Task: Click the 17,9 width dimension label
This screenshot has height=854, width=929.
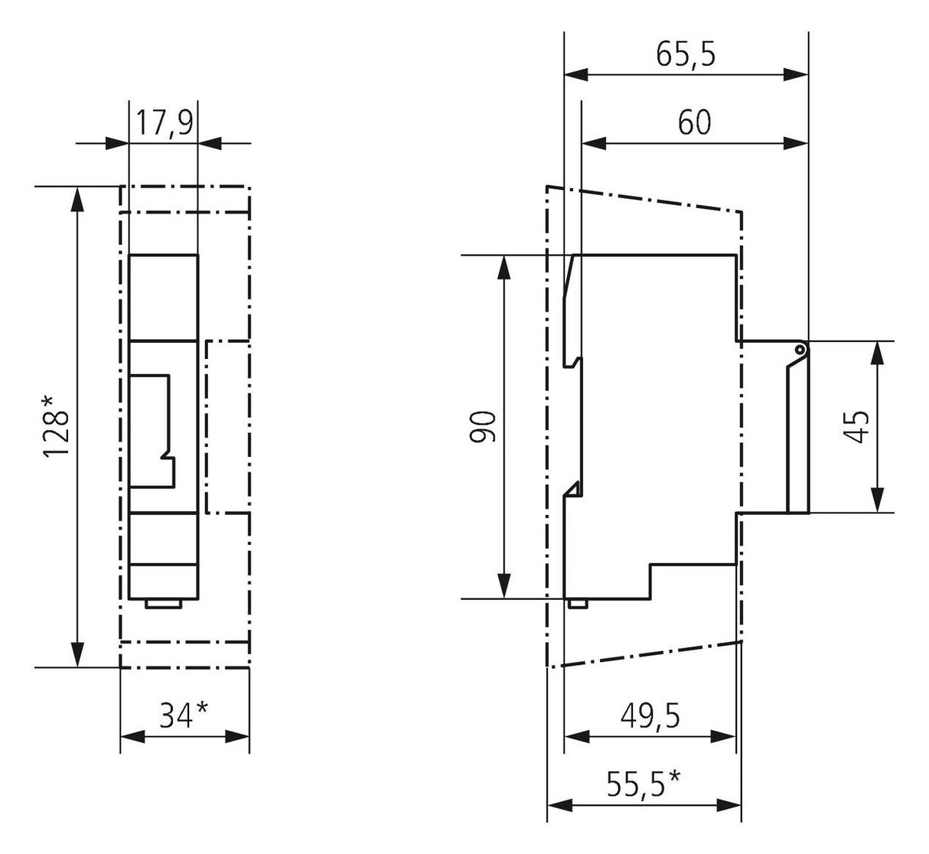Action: point(164,123)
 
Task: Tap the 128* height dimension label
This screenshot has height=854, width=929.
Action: point(57,427)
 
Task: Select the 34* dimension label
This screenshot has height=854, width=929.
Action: point(184,715)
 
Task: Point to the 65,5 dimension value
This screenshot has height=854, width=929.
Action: point(686,54)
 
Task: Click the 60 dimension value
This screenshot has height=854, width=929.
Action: point(694,123)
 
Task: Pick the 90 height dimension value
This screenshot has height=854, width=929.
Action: point(483,426)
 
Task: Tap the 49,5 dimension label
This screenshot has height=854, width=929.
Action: point(650,715)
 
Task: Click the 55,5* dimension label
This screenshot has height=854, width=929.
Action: point(644,784)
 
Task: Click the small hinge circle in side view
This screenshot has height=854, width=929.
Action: point(800,350)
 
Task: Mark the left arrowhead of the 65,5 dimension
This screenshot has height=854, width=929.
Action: point(576,74)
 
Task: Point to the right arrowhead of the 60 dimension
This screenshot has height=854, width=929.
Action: point(796,144)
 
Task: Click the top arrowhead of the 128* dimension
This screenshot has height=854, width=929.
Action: point(79,199)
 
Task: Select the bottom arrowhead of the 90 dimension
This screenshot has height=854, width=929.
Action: point(504,586)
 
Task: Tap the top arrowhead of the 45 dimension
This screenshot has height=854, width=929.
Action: point(878,354)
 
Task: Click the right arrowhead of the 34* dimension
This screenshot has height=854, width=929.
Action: point(237,737)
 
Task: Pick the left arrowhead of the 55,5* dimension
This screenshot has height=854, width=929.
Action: point(559,805)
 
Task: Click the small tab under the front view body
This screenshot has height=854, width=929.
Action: point(163,604)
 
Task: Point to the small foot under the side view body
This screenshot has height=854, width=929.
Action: point(578,604)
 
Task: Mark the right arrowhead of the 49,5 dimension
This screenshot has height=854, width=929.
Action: point(723,737)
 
